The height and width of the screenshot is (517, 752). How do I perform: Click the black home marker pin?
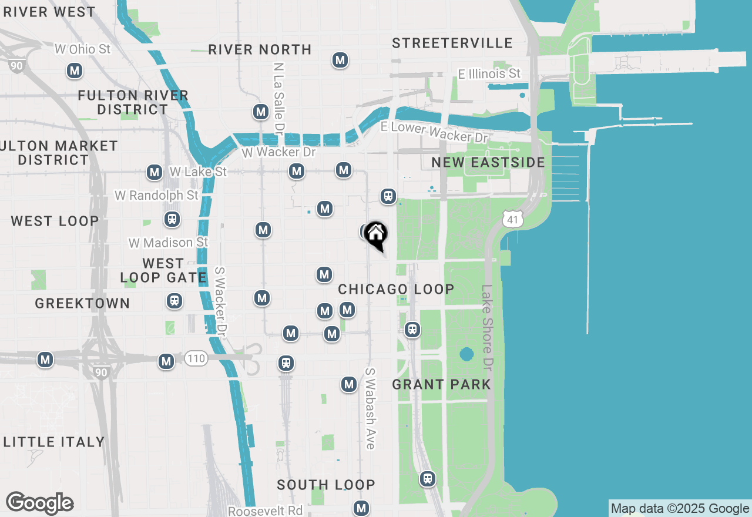(x=375, y=236)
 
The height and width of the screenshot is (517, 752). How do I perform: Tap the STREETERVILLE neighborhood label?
(x=452, y=43)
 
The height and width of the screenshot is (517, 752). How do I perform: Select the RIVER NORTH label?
(x=260, y=49)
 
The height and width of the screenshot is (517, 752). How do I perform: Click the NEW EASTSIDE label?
(x=488, y=162)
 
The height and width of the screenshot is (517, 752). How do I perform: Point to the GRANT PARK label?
(x=441, y=384)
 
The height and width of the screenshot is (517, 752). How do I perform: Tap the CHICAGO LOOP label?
(x=396, y=289)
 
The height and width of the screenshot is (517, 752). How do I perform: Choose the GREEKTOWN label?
(x=82, y=303)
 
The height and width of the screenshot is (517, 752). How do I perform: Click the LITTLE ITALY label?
(x=54, y=442)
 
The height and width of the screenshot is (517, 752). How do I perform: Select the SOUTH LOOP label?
(x=326, y=485)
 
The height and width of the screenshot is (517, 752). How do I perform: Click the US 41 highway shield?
(x=513, y=219)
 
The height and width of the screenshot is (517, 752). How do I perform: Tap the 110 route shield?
(x=196, y=358)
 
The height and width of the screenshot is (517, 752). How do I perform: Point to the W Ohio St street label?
(x=83, y=49)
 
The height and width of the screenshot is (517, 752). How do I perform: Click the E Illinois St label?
(x=489, y=74)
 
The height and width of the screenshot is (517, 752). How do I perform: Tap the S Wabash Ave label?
(x=370, y=408)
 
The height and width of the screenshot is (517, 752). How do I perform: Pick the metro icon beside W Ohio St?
(x=74, y=71)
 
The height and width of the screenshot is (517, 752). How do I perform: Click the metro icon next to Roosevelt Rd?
(x=361, y=508)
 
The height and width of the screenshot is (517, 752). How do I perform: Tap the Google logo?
(x=40, y=503)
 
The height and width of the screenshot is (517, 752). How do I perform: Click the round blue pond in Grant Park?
(x=466, y=354)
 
